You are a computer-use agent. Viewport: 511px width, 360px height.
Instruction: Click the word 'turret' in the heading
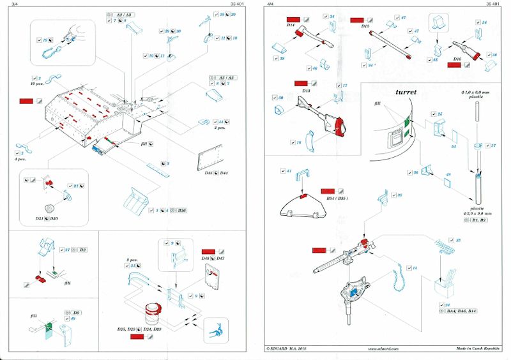[406, 92]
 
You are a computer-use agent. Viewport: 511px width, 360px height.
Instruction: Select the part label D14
[291, 26]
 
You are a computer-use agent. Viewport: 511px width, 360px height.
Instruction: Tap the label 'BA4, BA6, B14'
[463, 310]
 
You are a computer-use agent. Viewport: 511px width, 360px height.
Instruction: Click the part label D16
[457, 58]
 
